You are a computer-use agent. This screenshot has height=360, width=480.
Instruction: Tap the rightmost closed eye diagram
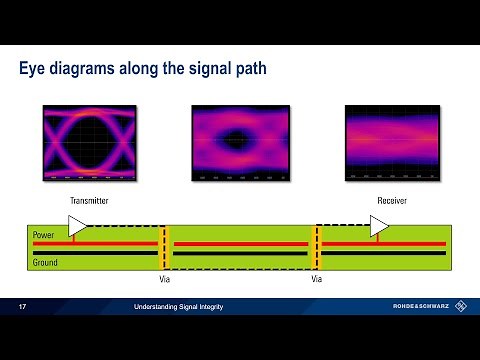click(x=391, y=144)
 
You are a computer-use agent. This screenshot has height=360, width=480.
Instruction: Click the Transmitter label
click(x=88, y=201)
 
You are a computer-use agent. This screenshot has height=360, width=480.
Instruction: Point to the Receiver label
click(x=391, y=201)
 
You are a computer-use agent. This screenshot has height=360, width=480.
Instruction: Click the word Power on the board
click(x=44, y=235)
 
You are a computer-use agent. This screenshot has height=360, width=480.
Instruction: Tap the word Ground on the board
click(x=46, y=262)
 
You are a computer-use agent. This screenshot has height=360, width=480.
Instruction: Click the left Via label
click(x=165, y=281)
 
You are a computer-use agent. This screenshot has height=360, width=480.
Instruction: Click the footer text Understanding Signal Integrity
click(x=180, y=306)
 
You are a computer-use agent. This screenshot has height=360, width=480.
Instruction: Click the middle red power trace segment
click(x=240, y=243)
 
